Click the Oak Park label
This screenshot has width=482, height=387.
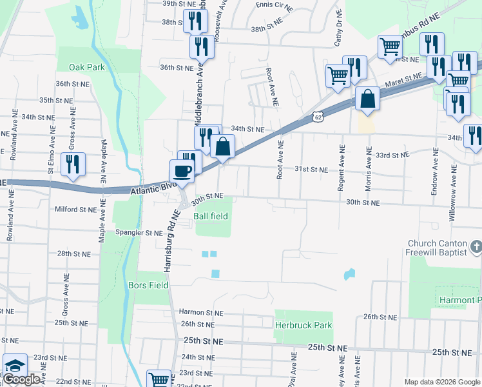coord(86,67)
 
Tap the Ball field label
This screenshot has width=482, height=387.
coord(211,216)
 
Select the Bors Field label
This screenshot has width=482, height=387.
coord(148,285)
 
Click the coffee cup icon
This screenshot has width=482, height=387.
coord(181,171)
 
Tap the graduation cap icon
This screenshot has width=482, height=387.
coord(14,366)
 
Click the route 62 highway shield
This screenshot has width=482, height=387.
coord(315,115)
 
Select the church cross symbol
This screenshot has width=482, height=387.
coord(476,246)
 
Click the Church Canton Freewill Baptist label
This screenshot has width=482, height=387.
coord(436,248)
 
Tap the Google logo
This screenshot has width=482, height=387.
coord(21,380)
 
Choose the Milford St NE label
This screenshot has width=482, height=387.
coord(75,209)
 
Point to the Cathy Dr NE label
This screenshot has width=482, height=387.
coord(338,31)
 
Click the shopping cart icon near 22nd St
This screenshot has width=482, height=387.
coord(159,379)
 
